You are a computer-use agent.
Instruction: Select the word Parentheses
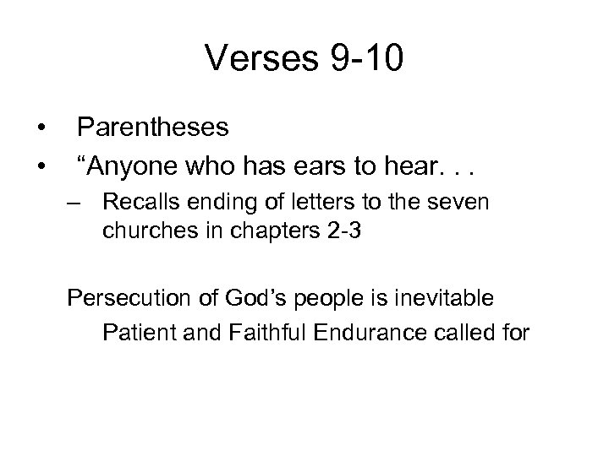(x=152, y=128)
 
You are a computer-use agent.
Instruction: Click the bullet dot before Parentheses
(x=40, y=128)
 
